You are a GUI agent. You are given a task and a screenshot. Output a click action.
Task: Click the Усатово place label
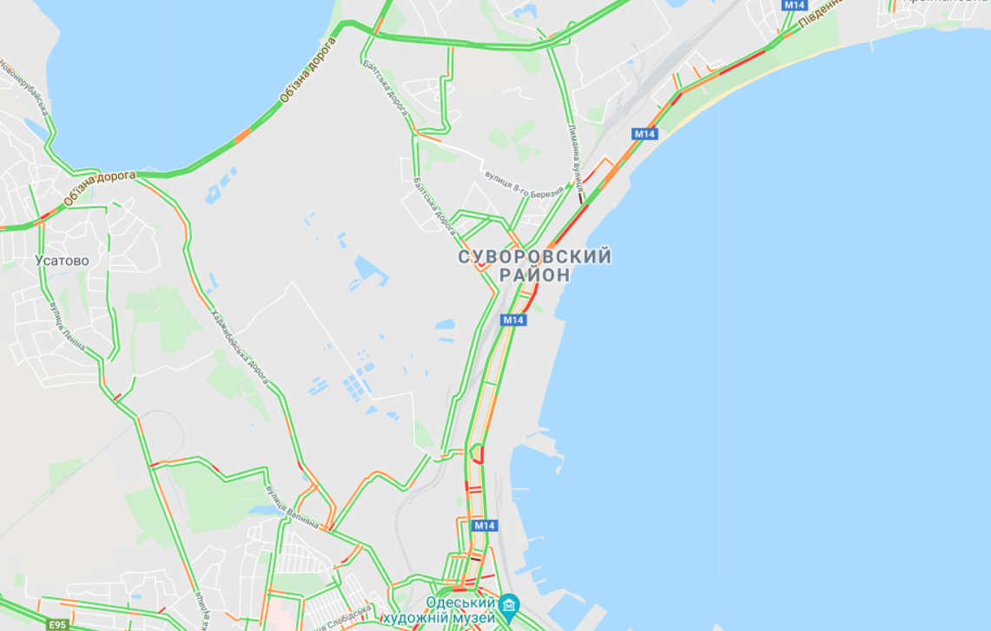pos(62,260)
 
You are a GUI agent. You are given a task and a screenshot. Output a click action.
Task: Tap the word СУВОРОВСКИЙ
pos(535,257)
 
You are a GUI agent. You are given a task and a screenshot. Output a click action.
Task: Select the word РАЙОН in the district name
pos(535,275)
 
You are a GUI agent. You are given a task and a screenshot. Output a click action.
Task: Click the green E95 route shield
pos(57,624)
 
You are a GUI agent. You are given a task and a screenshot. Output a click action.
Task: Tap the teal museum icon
pos(509,603)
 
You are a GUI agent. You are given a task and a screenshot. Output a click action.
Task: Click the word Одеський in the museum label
pos(460,602)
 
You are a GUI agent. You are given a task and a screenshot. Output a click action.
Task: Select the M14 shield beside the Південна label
pos(794,5)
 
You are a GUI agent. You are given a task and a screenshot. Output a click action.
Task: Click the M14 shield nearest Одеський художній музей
pos(484,525)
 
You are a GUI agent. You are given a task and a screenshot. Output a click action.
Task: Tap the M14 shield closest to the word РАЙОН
pos(513,319)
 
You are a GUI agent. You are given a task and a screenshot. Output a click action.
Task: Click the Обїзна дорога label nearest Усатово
pos(98,187)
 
